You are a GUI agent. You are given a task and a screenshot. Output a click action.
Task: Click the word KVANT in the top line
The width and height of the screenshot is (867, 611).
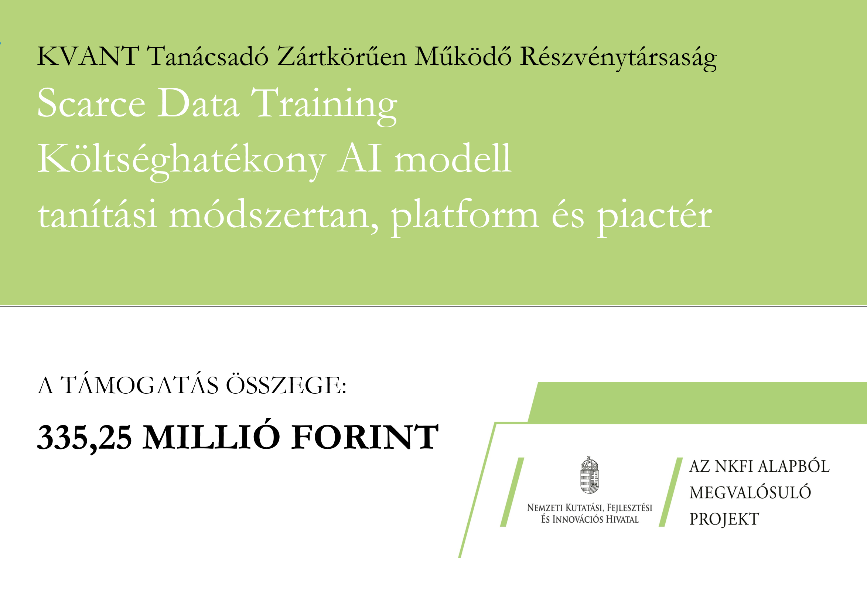tap(88, 56)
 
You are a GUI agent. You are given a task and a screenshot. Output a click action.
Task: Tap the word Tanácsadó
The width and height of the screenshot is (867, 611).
tap(207, 56)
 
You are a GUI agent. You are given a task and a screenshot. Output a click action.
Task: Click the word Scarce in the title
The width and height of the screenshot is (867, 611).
tap(91, 103)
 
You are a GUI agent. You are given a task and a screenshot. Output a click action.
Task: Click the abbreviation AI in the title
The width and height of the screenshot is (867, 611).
tap(359, 159)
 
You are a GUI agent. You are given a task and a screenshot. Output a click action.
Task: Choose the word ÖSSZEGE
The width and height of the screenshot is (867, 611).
tap(286, 384)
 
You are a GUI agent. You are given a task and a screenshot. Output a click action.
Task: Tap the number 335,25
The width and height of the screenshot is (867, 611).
tap(85, 438)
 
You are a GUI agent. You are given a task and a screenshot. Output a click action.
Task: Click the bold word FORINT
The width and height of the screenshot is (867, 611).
tap(365, 437)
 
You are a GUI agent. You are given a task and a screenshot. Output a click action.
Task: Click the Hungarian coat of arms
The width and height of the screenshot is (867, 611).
tap(590, 475)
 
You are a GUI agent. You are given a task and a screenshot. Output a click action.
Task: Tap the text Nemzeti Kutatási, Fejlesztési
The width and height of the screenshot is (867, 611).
tap(590, 508)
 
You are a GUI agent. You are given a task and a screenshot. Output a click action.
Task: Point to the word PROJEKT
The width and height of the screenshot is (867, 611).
tap(724, 519)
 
